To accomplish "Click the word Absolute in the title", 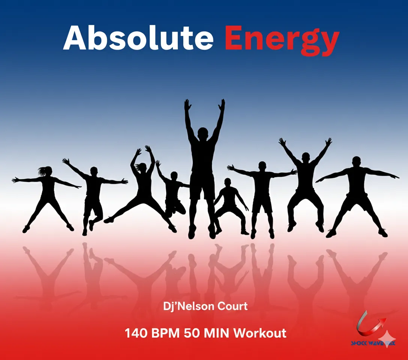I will (x=138, y=39).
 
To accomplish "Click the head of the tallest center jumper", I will (x=202, y=133).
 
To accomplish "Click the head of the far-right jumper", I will (x=356, y=162).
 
